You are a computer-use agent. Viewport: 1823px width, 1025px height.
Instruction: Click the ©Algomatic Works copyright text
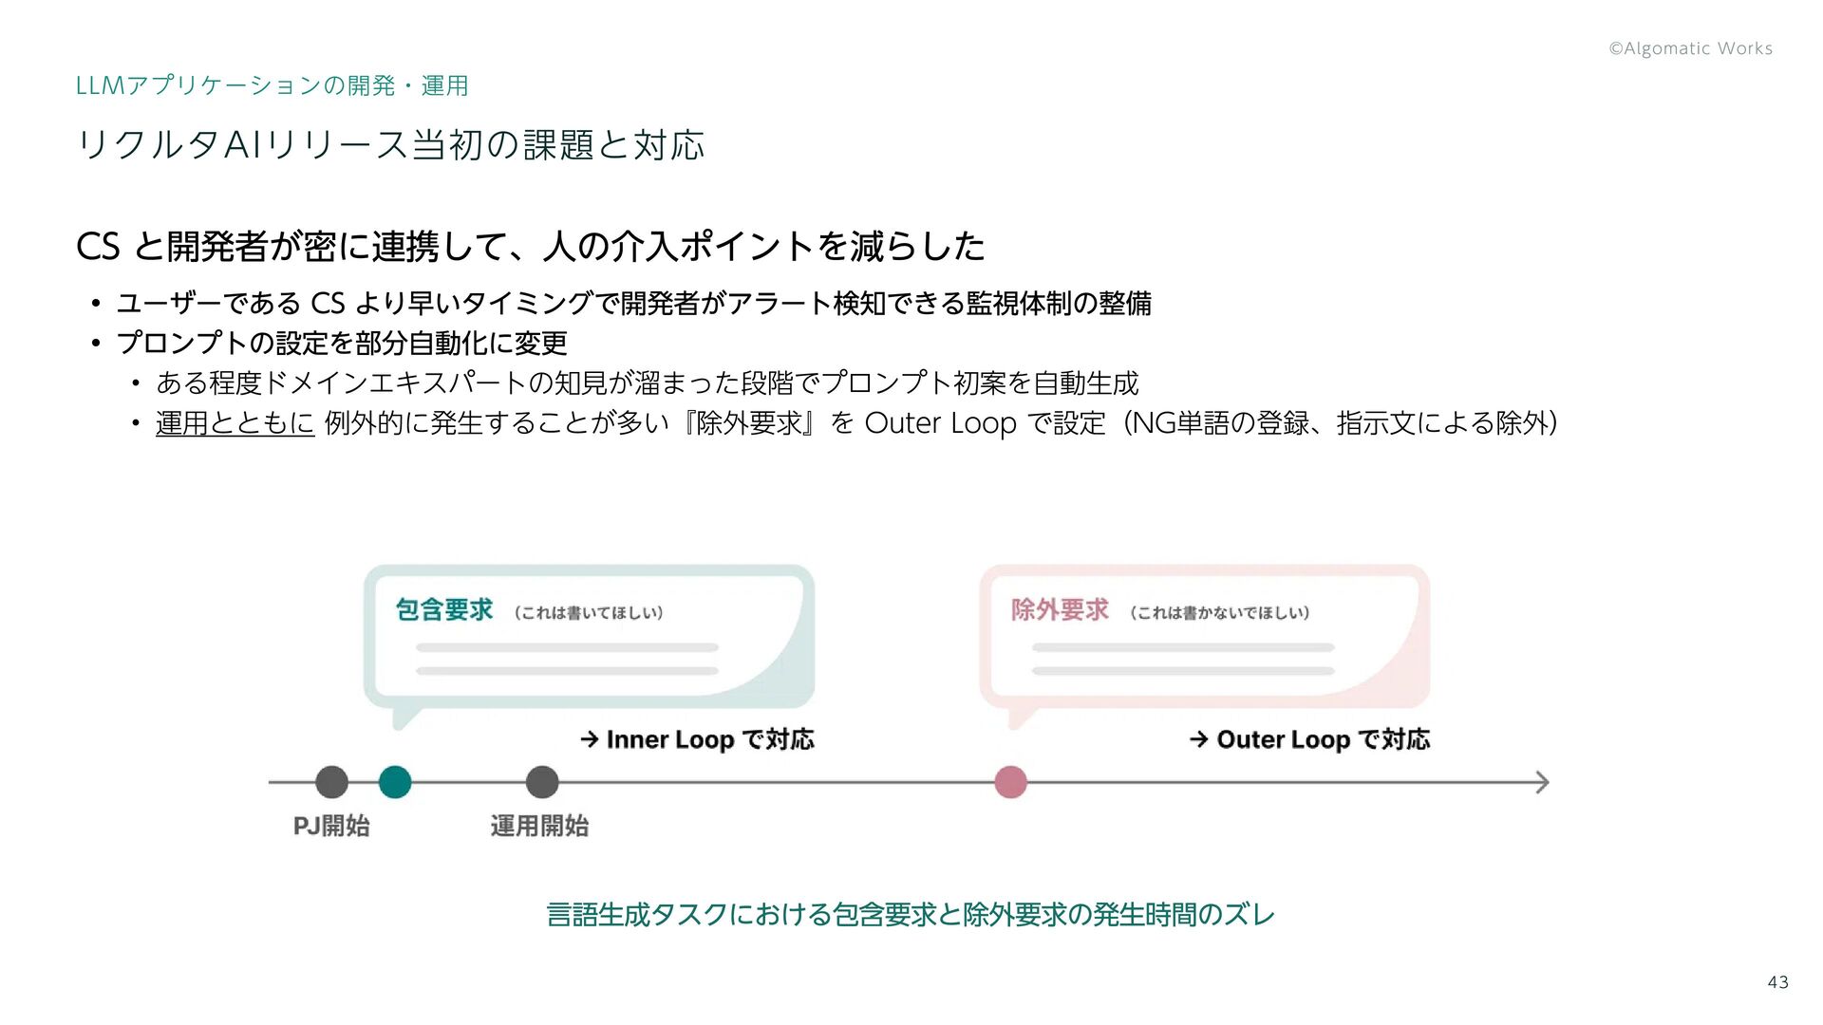pos(1690,48)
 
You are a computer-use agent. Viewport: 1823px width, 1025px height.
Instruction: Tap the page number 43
pos(1777,982)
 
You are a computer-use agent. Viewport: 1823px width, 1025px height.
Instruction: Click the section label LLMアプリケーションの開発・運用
pos(272,85)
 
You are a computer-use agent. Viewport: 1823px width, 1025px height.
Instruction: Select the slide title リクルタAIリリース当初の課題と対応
pos(390,145)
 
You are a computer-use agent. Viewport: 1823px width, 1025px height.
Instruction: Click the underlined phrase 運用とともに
pos(235,423)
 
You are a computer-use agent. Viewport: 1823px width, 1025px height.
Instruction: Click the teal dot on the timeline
pos(395,782)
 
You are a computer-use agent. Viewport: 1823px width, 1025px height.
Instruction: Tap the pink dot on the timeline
pos(1010,782)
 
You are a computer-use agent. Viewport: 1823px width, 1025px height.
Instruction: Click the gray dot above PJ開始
pos(331,782)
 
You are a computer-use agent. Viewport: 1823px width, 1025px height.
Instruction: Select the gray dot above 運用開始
pos(542,782)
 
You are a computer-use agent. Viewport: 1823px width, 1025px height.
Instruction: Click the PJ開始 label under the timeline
pos(331,826)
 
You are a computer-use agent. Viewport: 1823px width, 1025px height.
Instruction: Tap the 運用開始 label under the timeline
pos(539,826)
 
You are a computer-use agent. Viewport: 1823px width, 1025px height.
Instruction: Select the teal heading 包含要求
pos(444,609)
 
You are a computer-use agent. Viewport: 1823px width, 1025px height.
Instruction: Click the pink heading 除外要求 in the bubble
pos(1060,609)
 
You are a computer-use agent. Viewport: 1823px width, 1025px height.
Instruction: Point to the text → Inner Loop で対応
pos(697,739)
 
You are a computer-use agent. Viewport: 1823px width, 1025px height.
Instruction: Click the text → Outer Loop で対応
pos(1309,739)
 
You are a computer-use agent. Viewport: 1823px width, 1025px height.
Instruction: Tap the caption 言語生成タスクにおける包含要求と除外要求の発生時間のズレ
pos(911,915)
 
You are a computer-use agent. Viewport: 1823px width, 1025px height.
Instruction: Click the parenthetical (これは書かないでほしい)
pos(1219,613)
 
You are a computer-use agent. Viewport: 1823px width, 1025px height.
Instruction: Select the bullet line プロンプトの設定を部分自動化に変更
pos(342,343)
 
